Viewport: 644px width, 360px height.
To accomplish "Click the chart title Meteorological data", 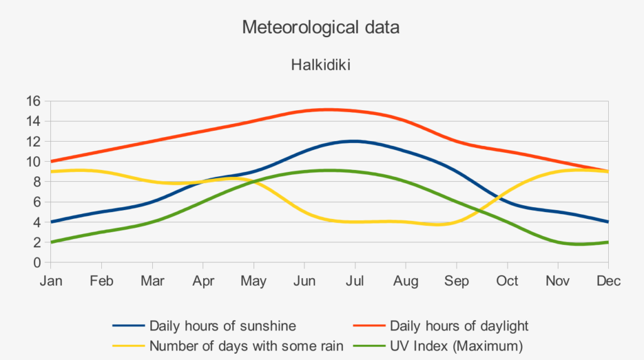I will coord(321,28).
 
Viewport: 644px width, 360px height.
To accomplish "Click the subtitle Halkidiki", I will coord(321,65).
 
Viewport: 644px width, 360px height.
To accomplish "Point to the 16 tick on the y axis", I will coord(34,101).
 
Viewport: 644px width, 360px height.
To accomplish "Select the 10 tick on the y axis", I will coord(34,162).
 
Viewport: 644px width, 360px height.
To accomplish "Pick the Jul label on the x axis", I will coord(355,281).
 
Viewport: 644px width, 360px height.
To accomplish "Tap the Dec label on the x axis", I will coord(608,281).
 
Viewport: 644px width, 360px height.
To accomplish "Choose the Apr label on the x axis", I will coord(203,281).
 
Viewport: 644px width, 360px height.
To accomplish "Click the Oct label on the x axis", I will coord(507,281).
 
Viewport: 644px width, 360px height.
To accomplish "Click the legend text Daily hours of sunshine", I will coord(223,326).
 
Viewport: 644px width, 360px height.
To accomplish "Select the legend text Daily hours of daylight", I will coord(459,326).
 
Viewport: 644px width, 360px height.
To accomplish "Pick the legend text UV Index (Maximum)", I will coord(456,346).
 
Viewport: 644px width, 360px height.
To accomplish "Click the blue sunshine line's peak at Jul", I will coord(355,141).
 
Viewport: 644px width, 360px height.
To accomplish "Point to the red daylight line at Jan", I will coord(51,161).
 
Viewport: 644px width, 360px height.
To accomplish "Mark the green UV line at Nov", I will coord(558,242).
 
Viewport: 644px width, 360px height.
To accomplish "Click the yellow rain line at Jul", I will coord(355,222).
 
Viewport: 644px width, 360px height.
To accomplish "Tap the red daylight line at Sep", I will coord(457,141).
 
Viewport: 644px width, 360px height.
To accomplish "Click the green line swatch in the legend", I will coord(369,346).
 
